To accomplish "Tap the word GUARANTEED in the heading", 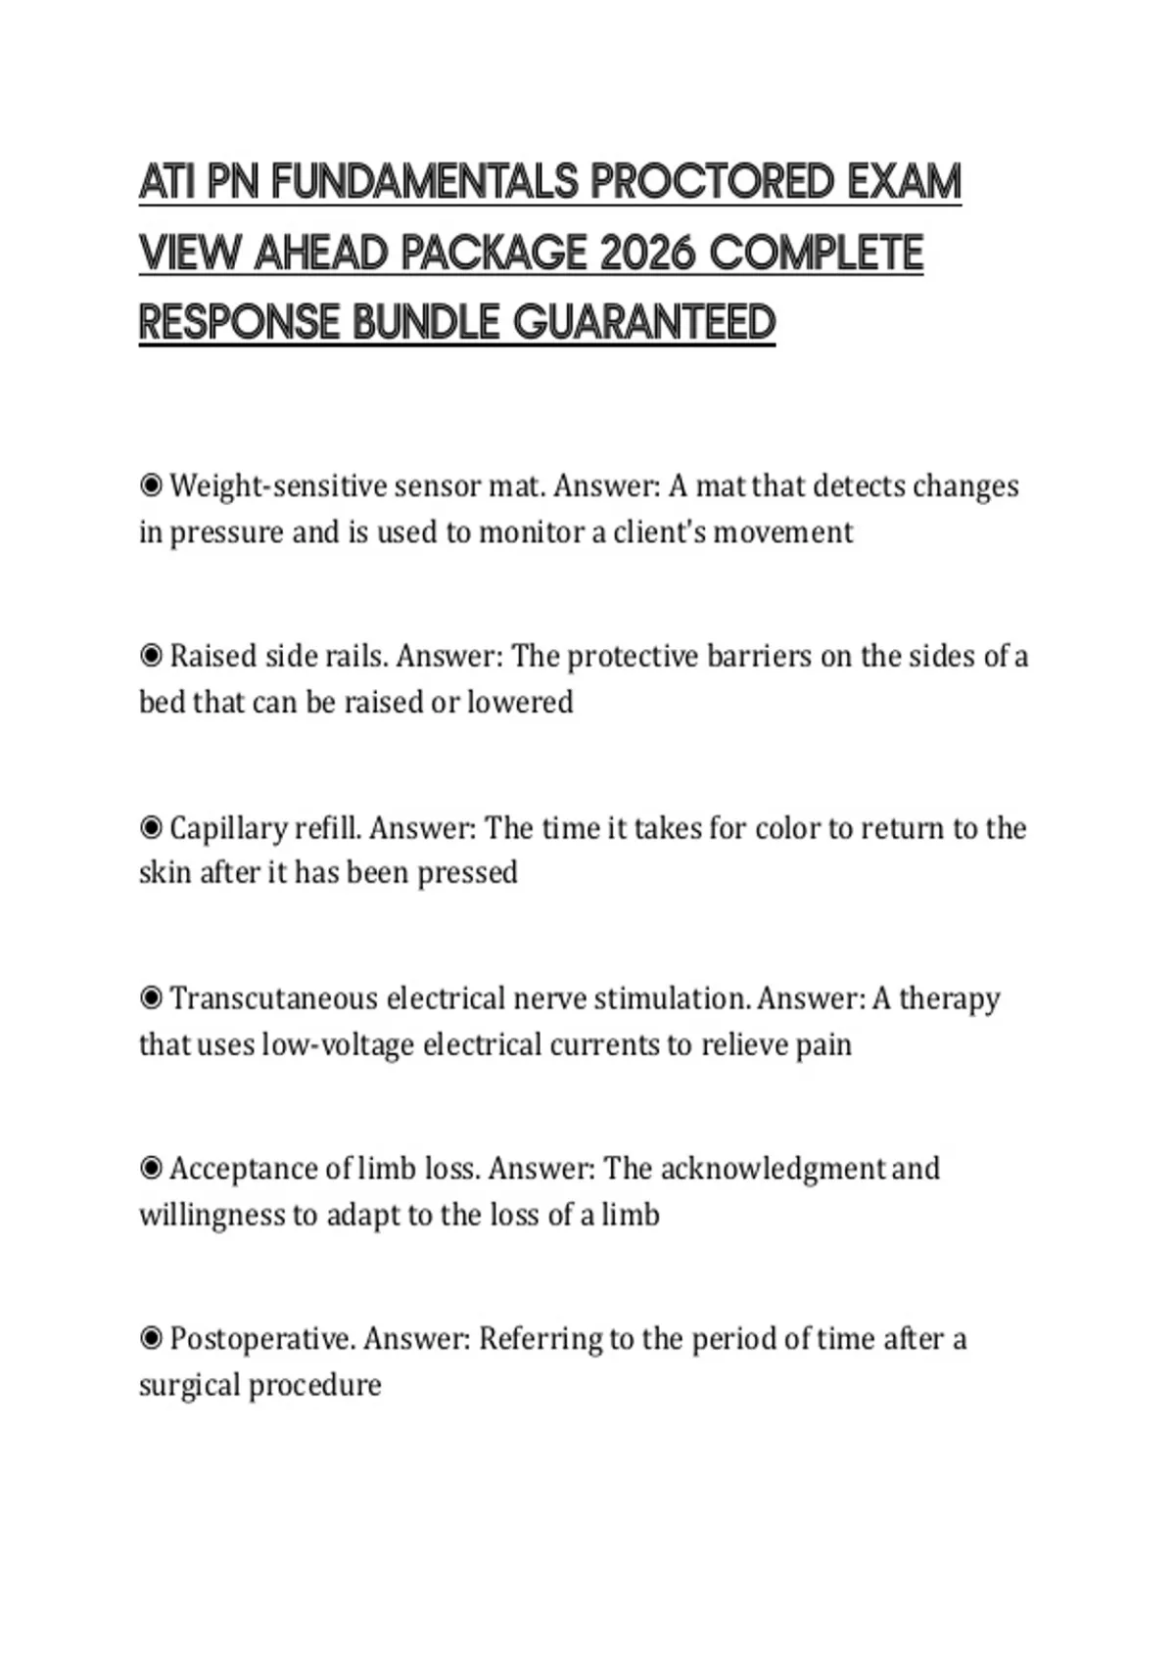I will coord(643,323).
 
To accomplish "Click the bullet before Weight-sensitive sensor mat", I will coord(151,485).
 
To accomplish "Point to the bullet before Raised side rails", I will coord(151,656).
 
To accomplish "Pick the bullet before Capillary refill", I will coord(151,828).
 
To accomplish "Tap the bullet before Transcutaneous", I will coord(151,998).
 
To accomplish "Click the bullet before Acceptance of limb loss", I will coord(151,1169).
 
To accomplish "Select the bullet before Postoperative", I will coord(151,1338).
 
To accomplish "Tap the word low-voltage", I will coord(337,1044).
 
